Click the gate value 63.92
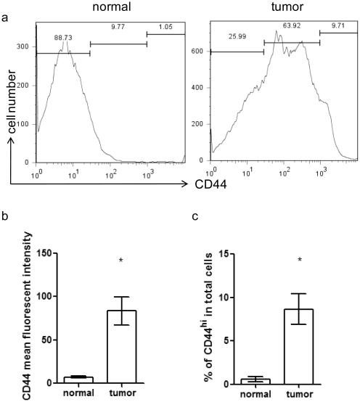(291, 26)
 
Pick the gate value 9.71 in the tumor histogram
(338, 25)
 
